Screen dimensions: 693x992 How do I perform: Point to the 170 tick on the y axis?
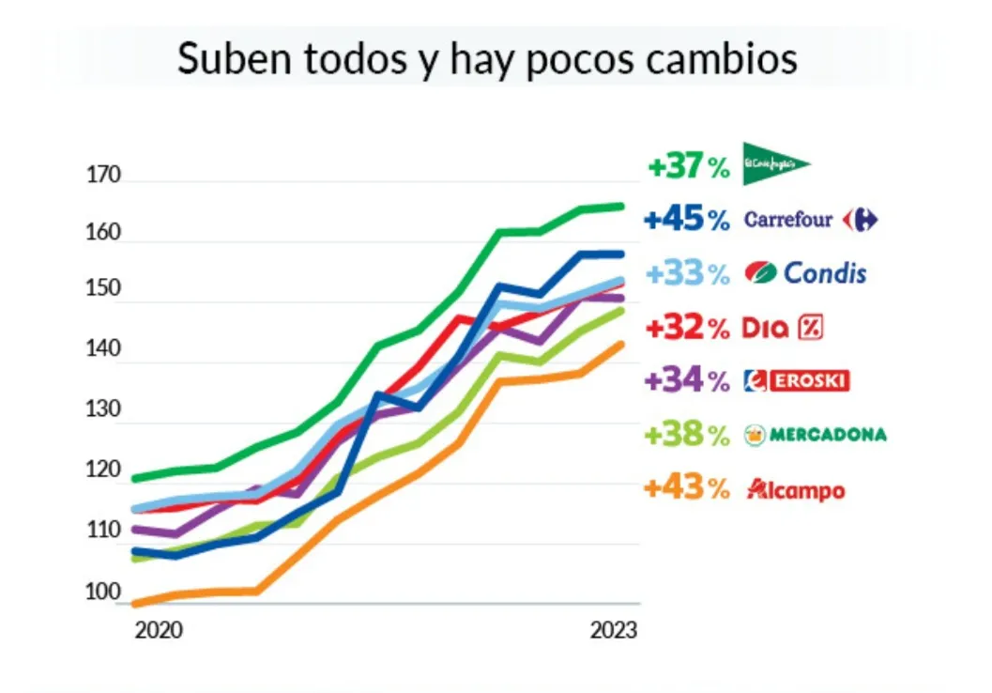104,175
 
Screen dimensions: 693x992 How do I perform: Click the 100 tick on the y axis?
104,593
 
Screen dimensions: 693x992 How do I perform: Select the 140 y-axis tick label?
104,349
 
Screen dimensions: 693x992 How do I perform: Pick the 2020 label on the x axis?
159,630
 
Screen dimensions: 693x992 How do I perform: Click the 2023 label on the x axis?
614,630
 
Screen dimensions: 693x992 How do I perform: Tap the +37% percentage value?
688,167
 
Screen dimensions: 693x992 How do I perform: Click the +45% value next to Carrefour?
688,220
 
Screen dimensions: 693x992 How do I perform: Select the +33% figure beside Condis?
688,273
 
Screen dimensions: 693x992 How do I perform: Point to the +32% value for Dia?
688,328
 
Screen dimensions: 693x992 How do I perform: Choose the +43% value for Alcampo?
688,489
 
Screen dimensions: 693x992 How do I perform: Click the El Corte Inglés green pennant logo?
774,163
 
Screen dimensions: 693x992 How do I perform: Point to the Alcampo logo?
795,489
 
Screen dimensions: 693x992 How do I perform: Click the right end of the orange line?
621,344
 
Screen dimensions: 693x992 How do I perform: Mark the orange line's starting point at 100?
135,603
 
